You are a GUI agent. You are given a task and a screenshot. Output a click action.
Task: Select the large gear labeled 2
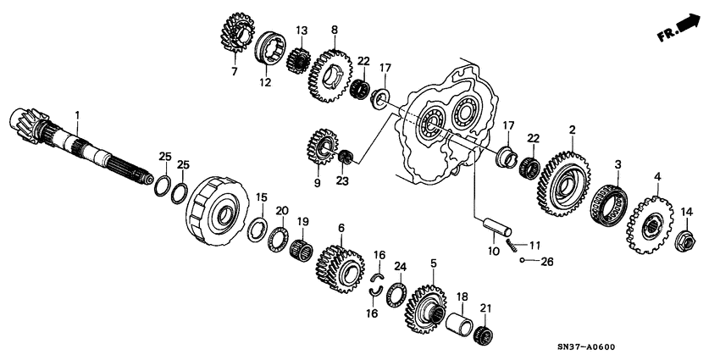(x=562, y=179)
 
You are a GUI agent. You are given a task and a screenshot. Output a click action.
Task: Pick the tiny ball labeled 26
(x=524, y=262)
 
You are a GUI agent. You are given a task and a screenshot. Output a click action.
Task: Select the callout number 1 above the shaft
(x=77, y=114)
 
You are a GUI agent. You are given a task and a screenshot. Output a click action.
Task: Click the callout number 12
(x=264, y=82)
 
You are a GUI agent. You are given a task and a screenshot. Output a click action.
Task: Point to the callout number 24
(x=400, y=266)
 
